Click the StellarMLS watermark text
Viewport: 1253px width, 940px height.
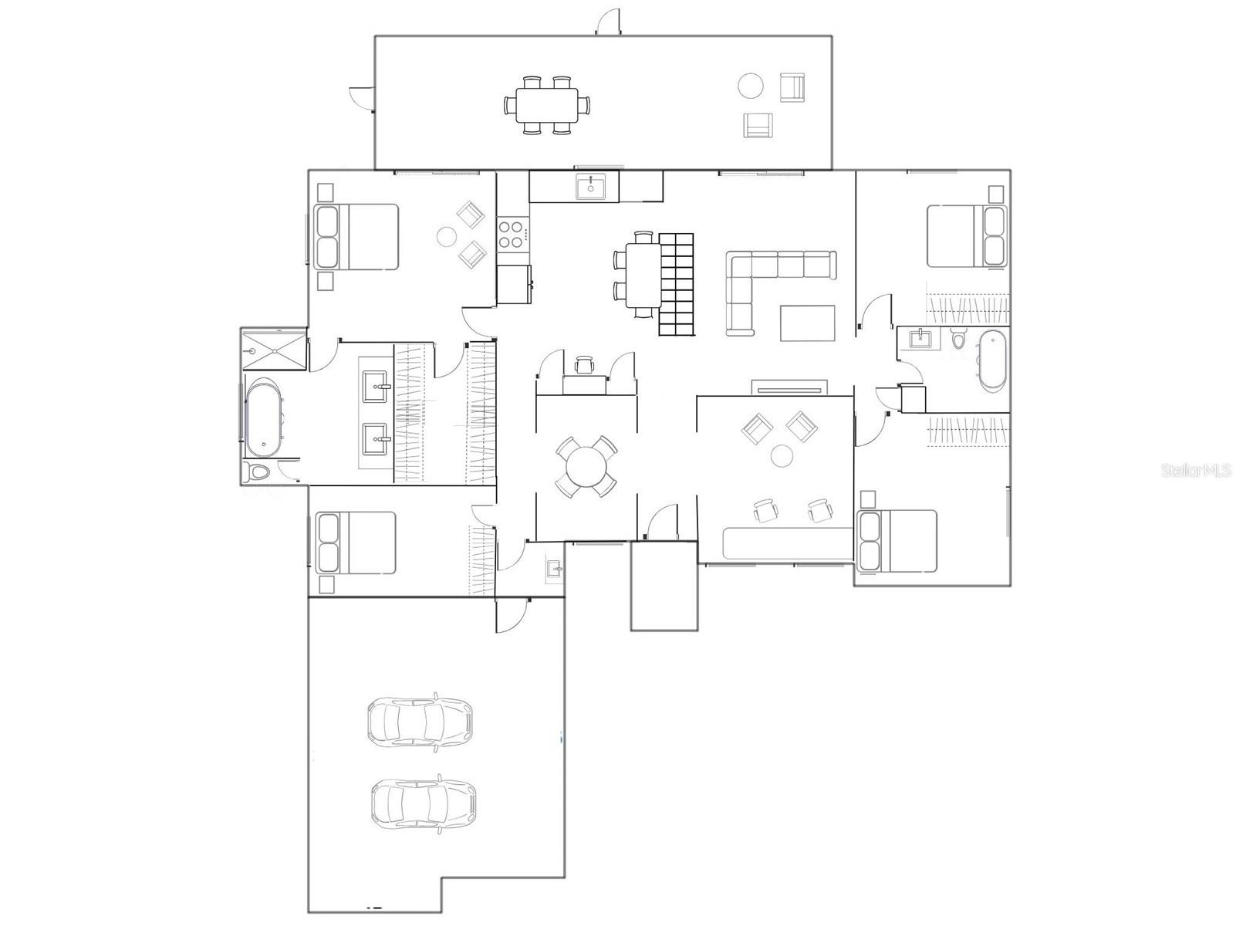coord(1196,470)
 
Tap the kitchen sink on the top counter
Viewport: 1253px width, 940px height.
coord(590,187)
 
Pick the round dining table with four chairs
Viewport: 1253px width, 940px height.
coord(586,466)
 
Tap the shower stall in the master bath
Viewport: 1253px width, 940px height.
coord(274,349)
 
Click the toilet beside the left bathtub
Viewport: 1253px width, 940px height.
coord(257,472)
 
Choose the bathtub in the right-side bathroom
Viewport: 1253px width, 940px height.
coord(993,360)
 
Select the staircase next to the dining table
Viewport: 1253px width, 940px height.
coord(677,284)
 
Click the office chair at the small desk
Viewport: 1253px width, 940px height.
coord(585,364)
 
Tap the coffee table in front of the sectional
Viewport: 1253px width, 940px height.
coord(807,323)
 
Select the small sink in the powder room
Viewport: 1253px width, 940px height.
coord(554,570)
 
